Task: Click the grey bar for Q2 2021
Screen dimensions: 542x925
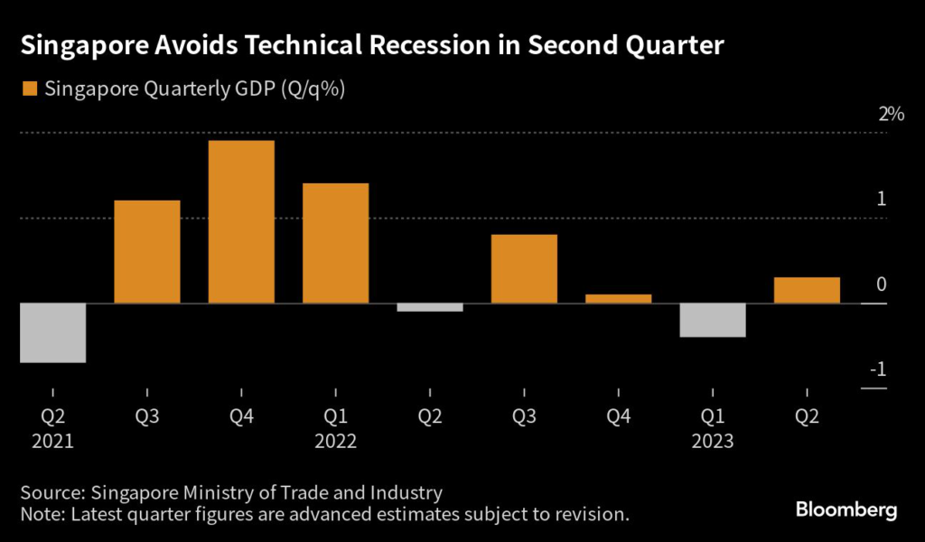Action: tap(52, 332)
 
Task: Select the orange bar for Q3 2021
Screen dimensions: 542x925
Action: tap(147, 251)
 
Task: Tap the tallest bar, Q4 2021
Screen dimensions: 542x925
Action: tap(241, 221)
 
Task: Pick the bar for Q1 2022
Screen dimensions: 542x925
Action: tap(335, 243)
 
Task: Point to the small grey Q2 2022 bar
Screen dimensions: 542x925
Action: tap(430, 307)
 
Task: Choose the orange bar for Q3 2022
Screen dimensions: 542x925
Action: tap(524, 268)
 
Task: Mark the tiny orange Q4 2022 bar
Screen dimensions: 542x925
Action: tap(618, 298)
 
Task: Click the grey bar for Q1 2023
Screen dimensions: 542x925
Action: tap(713, 320)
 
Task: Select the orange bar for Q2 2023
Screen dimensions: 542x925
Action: tap(807, 290)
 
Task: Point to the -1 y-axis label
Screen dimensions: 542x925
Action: tap(877, 370)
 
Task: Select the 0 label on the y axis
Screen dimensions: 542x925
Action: tap(881, 285)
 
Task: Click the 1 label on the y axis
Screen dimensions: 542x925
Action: tap(881, 200)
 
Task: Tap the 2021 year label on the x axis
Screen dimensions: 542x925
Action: tap(52, 442)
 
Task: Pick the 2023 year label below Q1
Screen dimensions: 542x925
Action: tap(713, 442)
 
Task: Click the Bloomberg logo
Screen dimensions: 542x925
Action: tap(846, 510)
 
